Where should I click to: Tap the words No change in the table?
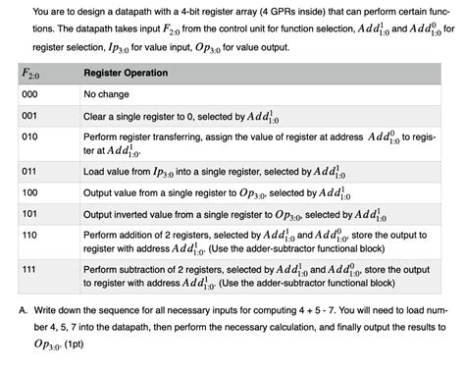tap(110, 95)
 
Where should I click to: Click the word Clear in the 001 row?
tap(97, 115)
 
